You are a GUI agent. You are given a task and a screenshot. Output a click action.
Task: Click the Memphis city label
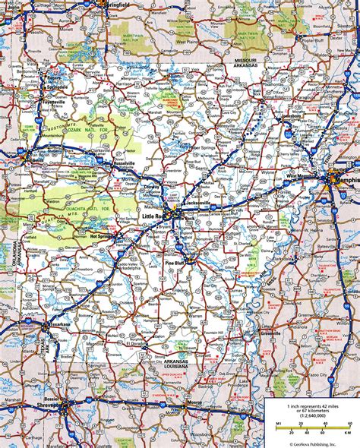pos(346,181)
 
